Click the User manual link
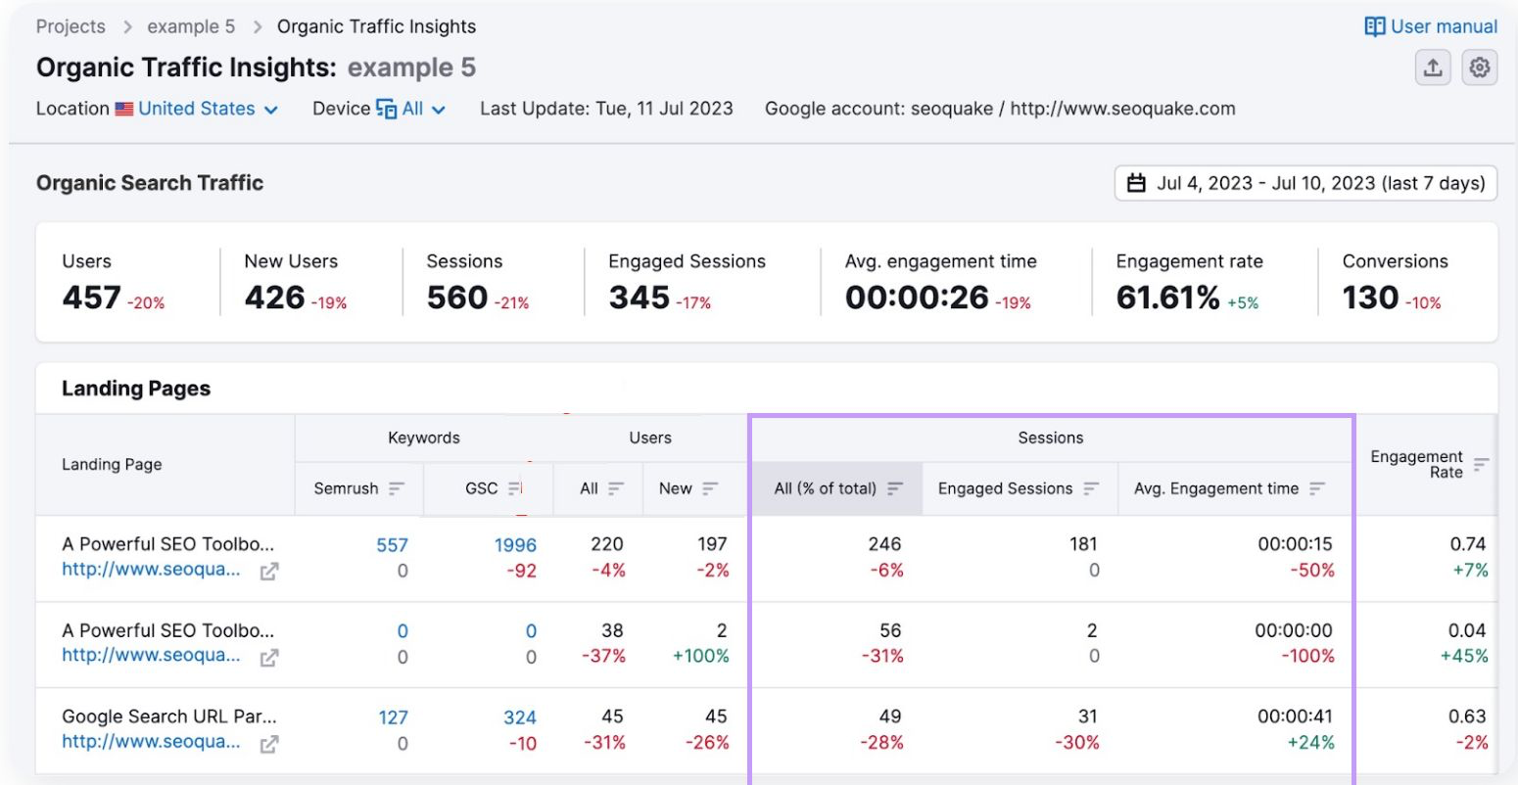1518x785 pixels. coord(1431,26)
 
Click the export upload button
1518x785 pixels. coord(1433,68)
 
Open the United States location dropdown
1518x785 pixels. coord(197,109)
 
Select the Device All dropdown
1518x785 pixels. coord(412,109)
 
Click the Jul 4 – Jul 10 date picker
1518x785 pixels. coord(1305,183)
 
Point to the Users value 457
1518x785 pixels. coord(92,298)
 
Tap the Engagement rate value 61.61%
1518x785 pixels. coord(1167,298)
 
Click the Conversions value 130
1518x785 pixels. coord(1370,298)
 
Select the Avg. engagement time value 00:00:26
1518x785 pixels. coord(917,298)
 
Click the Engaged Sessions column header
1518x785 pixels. coord(1006,488)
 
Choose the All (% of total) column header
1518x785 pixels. coord(826,488)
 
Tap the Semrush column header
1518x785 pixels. coord(347,488)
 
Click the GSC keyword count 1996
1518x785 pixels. coord(515,545)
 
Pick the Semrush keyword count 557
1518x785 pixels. coord(392,545)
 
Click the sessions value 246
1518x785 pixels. coord(884,544)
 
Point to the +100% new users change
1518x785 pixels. coord(700,656)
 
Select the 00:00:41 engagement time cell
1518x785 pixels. coord(1295,716)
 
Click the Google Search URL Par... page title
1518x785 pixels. coord(168,716)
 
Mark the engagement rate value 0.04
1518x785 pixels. coord(1467,630)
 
